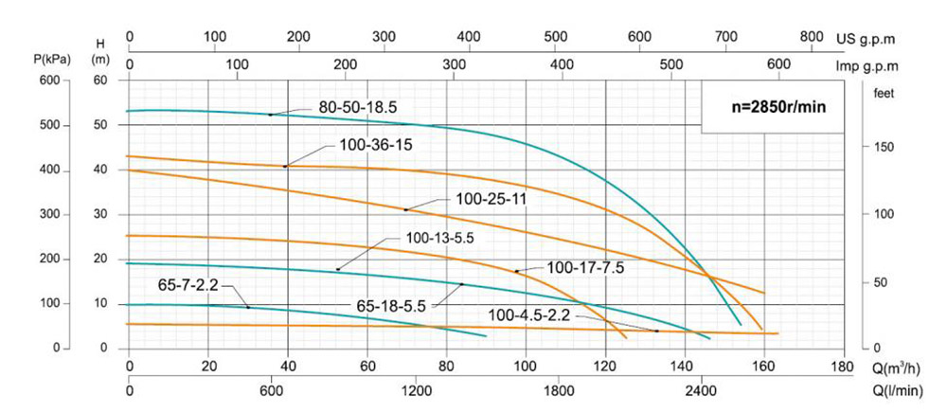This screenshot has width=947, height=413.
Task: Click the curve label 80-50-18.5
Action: click(x=357, y=109)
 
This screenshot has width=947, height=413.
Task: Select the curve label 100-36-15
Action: click(x=376, y=147)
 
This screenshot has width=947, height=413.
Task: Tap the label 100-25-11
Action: click(x=491, y=199)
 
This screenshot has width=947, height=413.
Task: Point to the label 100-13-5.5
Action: click(x=444, y=239)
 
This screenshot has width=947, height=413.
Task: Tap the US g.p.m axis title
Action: click(x=867, y=40)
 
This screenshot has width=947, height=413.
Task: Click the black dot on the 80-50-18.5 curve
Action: click(x=270, y=115)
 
